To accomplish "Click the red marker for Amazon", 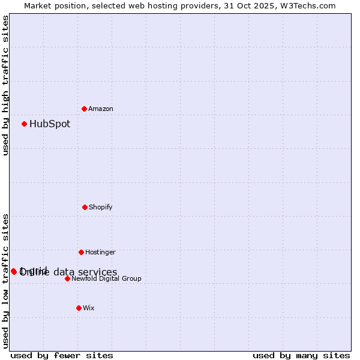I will (84, 109).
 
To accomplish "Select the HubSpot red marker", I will (25, 124).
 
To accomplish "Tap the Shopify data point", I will (85, 207).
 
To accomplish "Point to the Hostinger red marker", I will (81, 252).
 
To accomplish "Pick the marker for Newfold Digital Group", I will (67, 278).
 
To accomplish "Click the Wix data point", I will (79, 308).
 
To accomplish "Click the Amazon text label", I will (101, 109).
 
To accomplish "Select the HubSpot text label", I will (50, 124).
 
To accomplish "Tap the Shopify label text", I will (101, 208).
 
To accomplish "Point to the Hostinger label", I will (100, 253).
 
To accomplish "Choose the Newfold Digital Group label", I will (106, 279).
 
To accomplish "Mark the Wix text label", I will (89, 308).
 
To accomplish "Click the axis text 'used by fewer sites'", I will (62, 356).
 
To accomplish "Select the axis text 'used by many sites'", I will (301, 356).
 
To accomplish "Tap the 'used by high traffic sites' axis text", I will (5, 85).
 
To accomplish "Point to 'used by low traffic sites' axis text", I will (5, 280).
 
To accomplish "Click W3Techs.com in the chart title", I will (310, 5).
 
